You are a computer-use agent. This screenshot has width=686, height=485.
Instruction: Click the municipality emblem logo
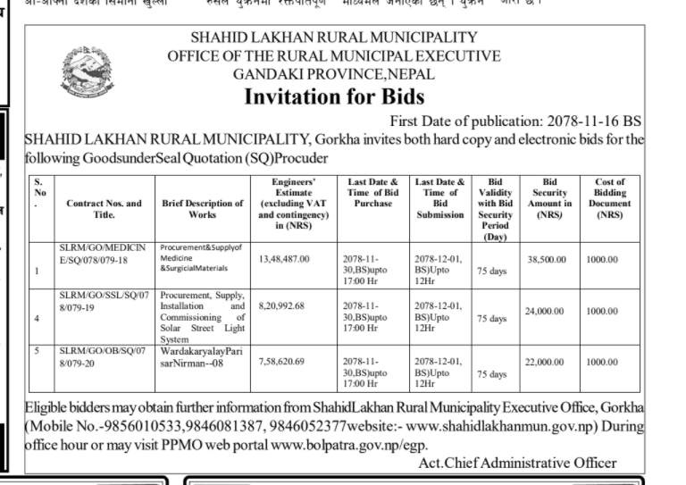88,72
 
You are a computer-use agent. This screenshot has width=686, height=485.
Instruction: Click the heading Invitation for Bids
334,96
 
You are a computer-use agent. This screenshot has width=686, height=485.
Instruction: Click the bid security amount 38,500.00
547,259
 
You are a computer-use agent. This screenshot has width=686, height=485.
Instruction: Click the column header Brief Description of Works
203,209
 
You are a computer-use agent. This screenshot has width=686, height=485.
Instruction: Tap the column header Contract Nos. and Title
104,209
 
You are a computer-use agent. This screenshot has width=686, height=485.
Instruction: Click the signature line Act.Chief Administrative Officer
517,463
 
